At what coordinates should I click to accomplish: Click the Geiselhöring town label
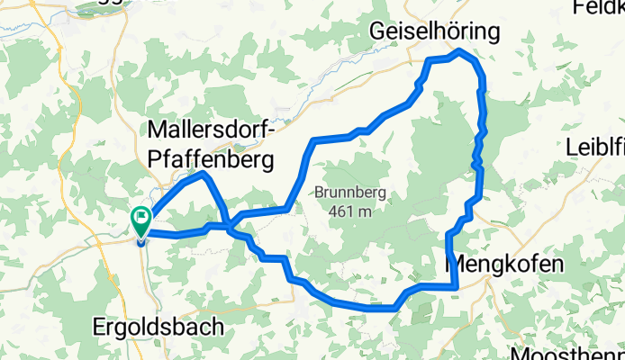(435, 32)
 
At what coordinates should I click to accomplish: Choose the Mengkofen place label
(505, 265)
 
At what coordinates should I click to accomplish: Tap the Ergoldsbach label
(158, 328)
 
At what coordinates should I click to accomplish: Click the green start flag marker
(141, 217)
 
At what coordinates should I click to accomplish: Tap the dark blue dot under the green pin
(141, 239)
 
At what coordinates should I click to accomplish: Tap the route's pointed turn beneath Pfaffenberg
(205, 174)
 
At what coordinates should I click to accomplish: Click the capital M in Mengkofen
(457, 265)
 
